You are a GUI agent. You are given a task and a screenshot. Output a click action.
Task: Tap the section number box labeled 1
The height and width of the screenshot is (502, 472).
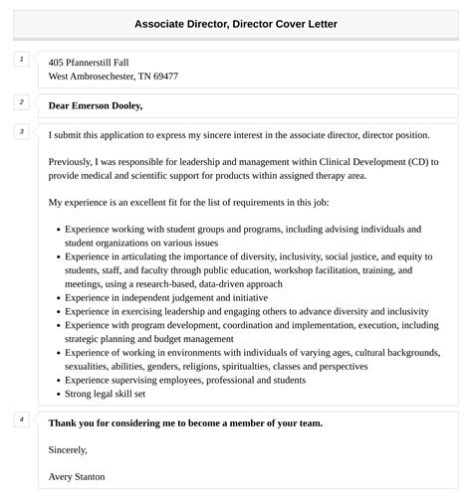pos(20,60)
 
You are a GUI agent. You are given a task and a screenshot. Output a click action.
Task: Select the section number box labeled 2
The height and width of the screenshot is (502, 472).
pos(20,102)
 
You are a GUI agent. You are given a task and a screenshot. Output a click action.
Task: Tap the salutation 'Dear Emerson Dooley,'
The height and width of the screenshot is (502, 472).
pos(96,105)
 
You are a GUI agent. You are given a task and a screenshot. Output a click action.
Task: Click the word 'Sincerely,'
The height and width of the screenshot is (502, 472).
pos(71,449)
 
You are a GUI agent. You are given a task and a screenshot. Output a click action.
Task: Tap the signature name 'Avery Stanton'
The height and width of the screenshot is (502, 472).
pos(77,476)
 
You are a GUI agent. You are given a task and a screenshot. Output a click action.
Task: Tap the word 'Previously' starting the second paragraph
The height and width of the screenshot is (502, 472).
pos(74,161)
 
